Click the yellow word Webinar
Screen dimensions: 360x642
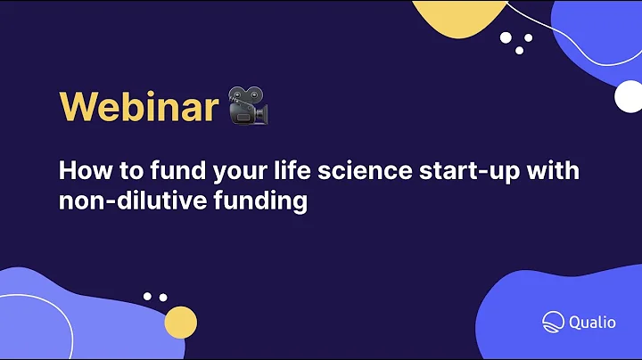coord(138,108)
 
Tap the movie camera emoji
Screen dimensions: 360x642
coord(248,106)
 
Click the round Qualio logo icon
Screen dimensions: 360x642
coord(551,322)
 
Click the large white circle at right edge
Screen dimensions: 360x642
coord(629,97)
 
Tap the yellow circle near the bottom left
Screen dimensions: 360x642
coord(180,321)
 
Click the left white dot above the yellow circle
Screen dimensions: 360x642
coord(148,296)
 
